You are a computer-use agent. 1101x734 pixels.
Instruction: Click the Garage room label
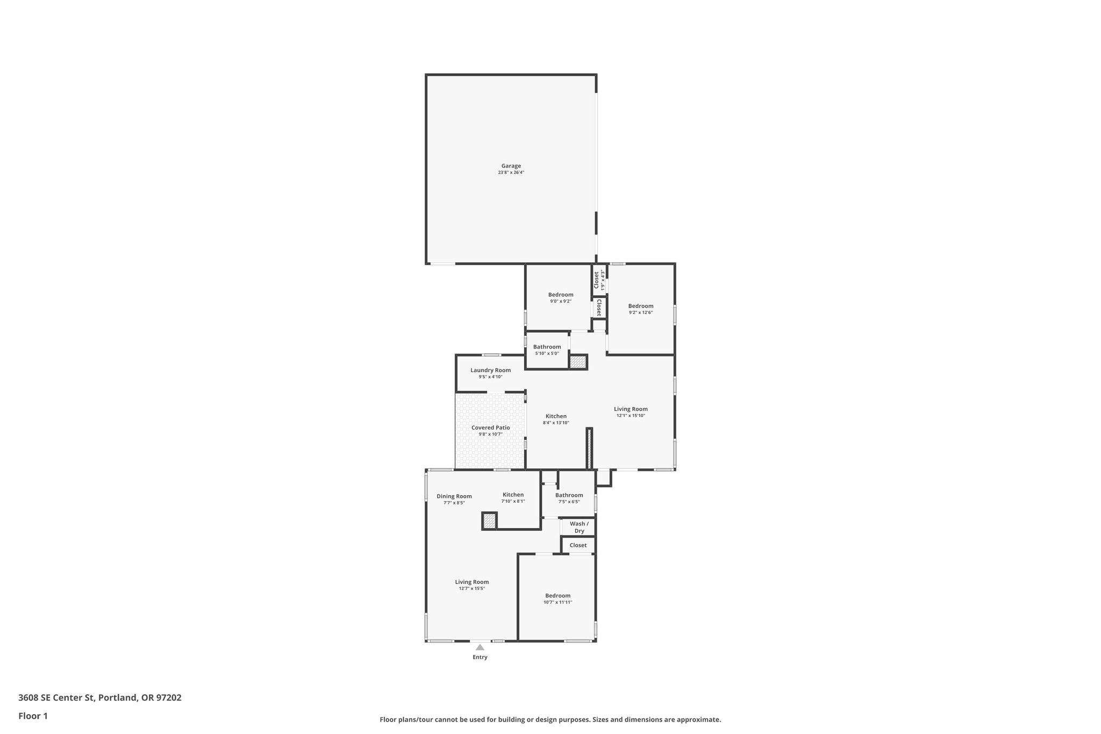pyautogui.click(x=511, y=166)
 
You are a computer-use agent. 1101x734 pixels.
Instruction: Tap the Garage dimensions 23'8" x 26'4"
pyautogui.click(x=511, y=173)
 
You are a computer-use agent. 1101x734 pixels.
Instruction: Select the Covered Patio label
pyautogui.click(x=490, y=427)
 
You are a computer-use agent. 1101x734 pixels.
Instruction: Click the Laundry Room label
pyautogui.click(x=490, y=370)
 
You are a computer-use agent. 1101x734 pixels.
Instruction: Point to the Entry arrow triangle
pyautogui.click(x=480, y=647)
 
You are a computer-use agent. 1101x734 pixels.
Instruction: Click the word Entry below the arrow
pyautogui.click(x=480, y=657)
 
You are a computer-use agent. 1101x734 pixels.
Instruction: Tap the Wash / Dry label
pyautogui.click(x=579, y=527)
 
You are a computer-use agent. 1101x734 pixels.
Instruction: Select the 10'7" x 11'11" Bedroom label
pyautogui.click(x=557, y=596)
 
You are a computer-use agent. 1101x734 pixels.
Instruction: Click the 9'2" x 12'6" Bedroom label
pyautogui.click(x=641, y=306)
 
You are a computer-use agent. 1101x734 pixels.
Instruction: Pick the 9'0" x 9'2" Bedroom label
pyautogui.click(x=561, y=295)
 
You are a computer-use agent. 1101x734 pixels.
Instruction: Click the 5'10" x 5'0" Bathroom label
pyautogui.click(x=547, y=347)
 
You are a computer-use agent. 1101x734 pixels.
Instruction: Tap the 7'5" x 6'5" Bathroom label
pyautogui.click(x=569, y=495)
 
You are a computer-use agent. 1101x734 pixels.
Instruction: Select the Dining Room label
pyautogui.click(x=454, y=496)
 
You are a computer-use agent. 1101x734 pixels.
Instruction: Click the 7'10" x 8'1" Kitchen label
pyautogui.click(x=513, y=495)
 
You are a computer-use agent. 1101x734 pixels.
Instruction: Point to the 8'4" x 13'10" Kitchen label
pyautogui.click(x=556, y=416)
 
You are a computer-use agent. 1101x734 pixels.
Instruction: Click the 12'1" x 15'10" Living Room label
pyautogui.click(x=631, y=409)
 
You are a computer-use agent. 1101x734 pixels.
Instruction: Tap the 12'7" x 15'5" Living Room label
pyautogui.click(x=471, y=582)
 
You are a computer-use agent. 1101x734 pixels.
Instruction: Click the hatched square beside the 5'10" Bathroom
pyautogui.click(x=578, y=362)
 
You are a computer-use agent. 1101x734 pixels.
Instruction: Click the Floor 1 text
pyautogui.click(x=33, y=716)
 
